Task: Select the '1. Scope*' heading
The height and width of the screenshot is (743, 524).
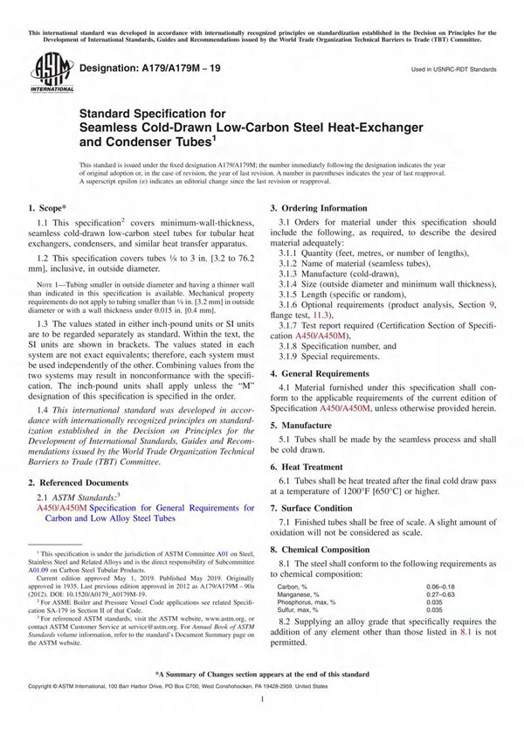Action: coord(48,208)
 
